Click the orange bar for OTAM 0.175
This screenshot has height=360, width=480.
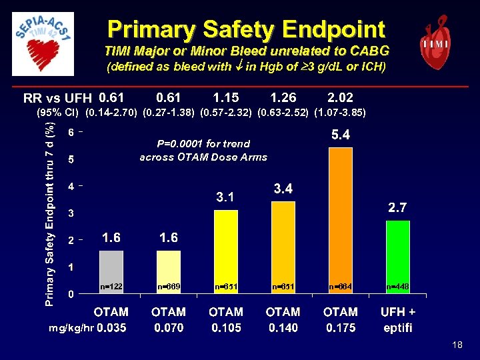point(340,220)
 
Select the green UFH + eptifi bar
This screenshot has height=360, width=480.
point(398,257)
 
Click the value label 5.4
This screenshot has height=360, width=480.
point(341,135)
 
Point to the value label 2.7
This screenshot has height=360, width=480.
point(399,209)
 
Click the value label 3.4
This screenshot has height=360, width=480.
point(283,189)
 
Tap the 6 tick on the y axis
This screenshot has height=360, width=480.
point(72,132)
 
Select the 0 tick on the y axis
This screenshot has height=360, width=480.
point(72,293)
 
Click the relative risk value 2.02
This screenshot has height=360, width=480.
point(341,98)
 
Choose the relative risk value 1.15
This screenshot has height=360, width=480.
point(225,98)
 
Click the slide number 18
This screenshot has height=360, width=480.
point(457,345)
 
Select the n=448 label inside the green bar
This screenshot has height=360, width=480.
point(398,286)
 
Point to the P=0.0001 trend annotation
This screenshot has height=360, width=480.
point(203,151)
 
